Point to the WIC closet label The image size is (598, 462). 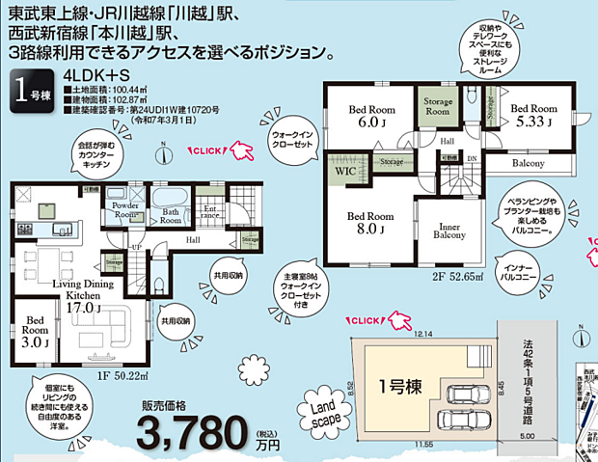coord(346,171)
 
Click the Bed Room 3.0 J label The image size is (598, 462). coord(36,330)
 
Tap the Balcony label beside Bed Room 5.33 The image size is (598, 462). coord(528,164)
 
